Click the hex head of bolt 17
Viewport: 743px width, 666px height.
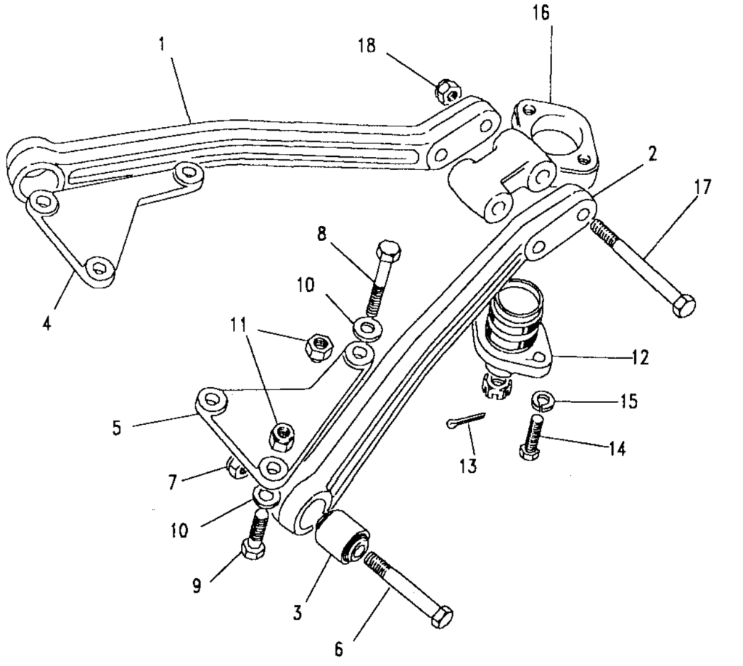683,305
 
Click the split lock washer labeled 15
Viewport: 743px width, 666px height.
541,398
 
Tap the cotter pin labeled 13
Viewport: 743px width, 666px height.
464,421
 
